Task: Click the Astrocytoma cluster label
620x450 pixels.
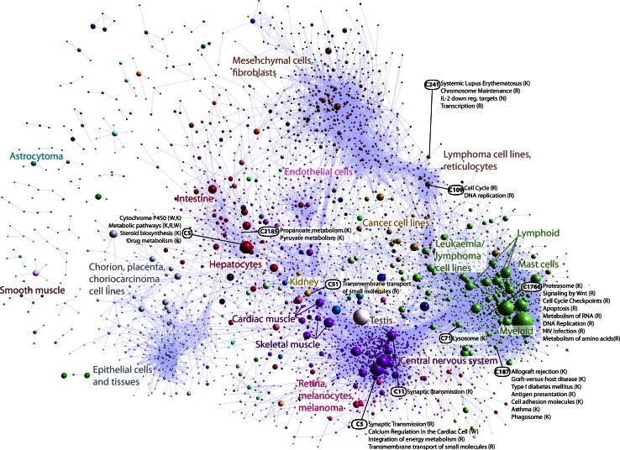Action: pos(38,155)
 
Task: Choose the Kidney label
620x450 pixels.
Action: pos(305,281)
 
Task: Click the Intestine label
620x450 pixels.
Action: pos(196,198)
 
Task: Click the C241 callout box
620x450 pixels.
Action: pos(433,85)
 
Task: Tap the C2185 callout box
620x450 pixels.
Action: pos(269,231)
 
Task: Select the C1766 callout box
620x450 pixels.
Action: pos(531,287)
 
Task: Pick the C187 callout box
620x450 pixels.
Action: pos(502,371)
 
